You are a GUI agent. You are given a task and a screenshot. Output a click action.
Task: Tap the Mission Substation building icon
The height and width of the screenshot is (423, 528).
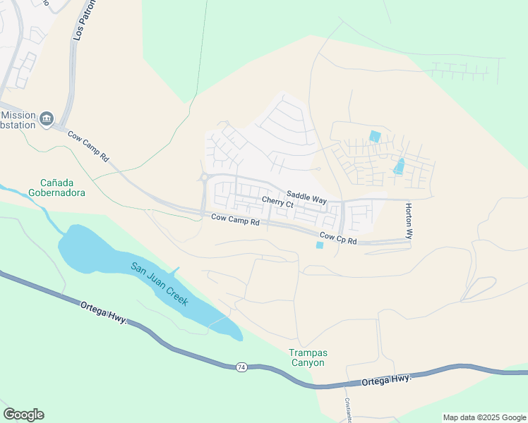point(47,118)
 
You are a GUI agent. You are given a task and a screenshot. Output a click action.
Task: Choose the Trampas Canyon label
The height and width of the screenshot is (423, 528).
point(308,357)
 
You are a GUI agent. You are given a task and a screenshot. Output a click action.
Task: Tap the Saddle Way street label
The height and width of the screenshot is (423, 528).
point(306,197)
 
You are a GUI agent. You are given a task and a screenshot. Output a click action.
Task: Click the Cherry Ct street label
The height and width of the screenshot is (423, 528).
point(277,203)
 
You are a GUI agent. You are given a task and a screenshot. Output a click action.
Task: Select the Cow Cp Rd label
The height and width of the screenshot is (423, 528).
point(338,238)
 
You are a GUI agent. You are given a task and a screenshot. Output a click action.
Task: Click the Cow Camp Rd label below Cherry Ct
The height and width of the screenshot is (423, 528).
point(236,220)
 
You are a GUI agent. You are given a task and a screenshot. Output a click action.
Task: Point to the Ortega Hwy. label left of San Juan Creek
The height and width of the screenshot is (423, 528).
point(102,311)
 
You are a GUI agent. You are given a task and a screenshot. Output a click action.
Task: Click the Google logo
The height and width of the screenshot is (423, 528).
point(23,415)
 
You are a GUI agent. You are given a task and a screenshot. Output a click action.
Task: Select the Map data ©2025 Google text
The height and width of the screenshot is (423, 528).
point(484,417)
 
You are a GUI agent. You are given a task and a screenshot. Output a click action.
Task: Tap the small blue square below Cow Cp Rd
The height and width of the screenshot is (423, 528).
point(320,245)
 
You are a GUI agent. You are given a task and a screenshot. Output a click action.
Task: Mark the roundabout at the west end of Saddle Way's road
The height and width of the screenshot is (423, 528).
point(205,178)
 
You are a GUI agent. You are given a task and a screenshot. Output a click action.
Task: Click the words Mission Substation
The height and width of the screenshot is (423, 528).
point(19,120)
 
